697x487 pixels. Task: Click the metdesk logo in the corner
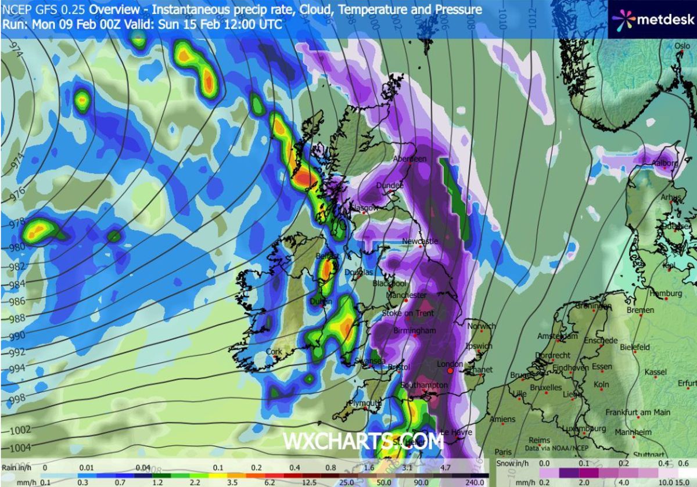(x=652, y=20)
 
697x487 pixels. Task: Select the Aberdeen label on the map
(x=409, y=159)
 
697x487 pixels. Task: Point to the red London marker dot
(x=450, y=371)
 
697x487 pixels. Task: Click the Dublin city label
(x=321, y=301)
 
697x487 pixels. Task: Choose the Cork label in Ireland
(x=274, y=352)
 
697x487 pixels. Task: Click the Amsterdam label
(x=558, y=336)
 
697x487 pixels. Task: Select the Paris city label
(x=503, y=452)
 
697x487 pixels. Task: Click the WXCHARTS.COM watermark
(x=363, y=441)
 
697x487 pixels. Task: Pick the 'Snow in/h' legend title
(x=515, y=464)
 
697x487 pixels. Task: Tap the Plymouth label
(x=364, y=403)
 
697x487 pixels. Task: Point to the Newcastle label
(x=420, y=241)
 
